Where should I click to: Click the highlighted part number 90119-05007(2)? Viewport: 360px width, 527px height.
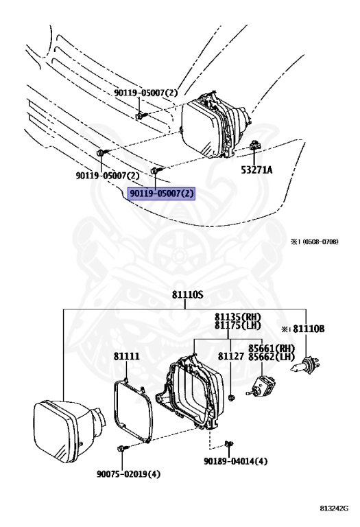tap(162, 194)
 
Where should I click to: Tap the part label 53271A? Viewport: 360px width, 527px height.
tap(257, 170)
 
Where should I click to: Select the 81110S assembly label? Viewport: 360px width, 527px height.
tap(188, 295)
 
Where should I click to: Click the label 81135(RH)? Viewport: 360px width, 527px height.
tap(238, 316)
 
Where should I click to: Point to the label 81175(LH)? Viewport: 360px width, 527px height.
tap(238, 325)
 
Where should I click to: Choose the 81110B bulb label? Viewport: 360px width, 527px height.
tap(309, 329)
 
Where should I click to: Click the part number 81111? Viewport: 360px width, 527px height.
tap(126, 356)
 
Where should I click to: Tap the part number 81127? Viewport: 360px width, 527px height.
tap(230, 356)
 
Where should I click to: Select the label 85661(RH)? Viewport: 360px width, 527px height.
tap(272, 348)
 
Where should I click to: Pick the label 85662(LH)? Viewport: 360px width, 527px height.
tap(272, 357)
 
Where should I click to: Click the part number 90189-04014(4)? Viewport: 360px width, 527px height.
tap(236, 461)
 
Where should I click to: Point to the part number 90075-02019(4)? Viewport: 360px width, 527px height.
tap(129, 474)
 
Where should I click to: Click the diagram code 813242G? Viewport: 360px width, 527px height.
tap(334, 508)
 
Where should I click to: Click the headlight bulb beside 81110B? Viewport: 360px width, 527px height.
tap(305, 365)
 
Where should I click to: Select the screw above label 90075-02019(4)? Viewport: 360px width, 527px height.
tap(123, 448)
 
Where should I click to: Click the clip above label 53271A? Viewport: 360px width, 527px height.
tap(254, 145)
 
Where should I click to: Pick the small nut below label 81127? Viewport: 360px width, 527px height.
tap(230, 398)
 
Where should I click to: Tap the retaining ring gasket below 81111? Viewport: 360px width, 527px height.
tap(132, 410)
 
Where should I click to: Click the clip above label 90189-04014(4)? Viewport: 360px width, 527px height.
tap(229, 444)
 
